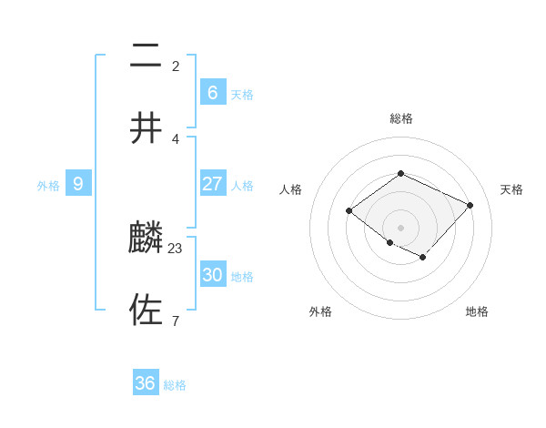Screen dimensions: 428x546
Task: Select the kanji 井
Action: (146, 128)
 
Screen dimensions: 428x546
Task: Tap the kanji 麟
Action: (146, 238)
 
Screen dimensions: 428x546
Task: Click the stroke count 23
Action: (176, 247)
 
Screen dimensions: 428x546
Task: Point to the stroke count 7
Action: (176, 321)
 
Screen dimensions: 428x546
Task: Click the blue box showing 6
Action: (212, 93)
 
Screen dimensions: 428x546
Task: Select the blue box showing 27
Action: (212, 184)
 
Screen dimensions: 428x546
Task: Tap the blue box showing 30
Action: (212, 275)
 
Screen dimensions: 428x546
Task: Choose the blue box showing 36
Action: (146, 383)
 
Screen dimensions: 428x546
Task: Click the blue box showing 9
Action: (78, 184)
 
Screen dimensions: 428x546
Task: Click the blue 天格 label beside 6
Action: (242, 95)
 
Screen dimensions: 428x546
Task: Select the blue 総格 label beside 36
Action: (175, 385)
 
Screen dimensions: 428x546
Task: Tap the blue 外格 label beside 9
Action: (48, 186)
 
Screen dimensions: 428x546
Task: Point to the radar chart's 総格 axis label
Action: (400, 118)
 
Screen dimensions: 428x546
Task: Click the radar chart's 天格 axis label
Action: (511, 189)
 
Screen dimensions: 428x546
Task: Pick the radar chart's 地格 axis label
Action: (477, 311)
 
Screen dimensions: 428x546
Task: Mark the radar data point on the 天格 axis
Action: (470, 205)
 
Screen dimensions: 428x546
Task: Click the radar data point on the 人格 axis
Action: (349, 211)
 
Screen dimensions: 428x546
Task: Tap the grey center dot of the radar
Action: (400, 228)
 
